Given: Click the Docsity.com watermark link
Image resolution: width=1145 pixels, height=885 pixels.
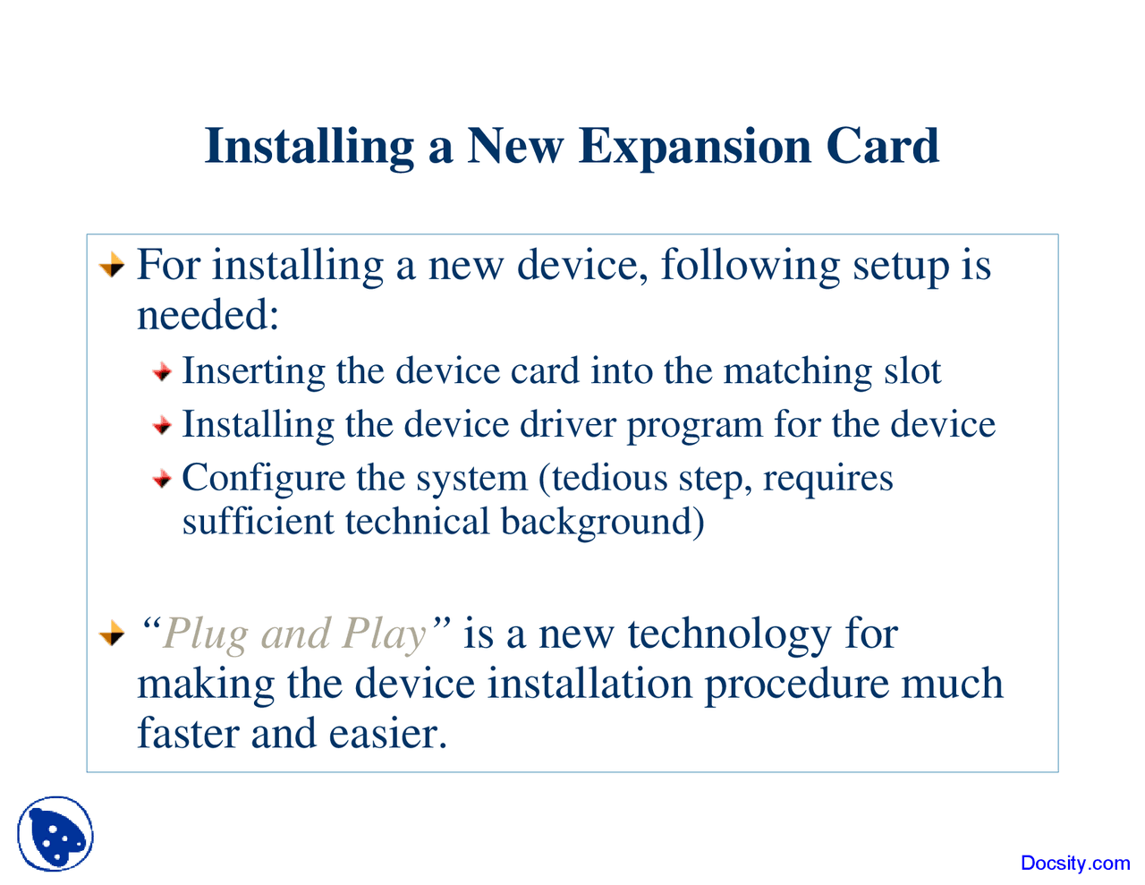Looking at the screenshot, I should click(x=1075, y=863).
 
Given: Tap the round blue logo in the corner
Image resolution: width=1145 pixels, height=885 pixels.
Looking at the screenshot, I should click(x=55, y=835).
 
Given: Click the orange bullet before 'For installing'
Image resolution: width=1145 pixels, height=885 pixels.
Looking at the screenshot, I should click(x=111, y=267).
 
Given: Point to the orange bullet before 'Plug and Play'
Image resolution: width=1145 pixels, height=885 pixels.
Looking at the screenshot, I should click(x=111, y=635).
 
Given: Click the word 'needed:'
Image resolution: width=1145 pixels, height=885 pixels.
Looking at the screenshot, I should click(x=208, y=315).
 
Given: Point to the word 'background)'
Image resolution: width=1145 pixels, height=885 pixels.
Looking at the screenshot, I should click(x=602, y=523).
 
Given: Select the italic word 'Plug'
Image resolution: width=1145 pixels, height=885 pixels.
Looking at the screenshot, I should click(x=206, y=635).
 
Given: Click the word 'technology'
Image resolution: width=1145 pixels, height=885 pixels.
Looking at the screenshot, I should click(x=730, y=635).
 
